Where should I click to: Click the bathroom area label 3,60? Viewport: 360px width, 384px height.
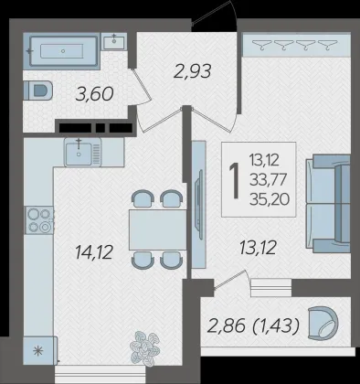pyautogui.click(x=94, y=94)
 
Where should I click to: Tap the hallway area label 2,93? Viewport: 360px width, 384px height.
pyautogui.click(x=192, y=71)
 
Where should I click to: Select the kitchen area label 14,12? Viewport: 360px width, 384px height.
pyautogui.click(x=94, y=252)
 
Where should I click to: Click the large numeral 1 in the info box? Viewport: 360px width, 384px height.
pyautogui.click(x=235, y=180)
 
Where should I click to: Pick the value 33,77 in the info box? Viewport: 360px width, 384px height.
pyautogui.click(x=268, y=180)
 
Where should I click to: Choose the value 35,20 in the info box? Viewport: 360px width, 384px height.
pyautogui.click(x=270, y=199)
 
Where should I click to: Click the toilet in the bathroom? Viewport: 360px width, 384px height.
pyautogui.click(x=37, y=91)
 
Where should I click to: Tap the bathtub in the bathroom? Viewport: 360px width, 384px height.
pyautogui.click(x=63, y=51)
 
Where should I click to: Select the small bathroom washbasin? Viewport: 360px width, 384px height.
pyautogui.click(x=114, y=42)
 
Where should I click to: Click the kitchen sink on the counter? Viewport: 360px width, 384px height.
pyautogui.click(x=82, y=152)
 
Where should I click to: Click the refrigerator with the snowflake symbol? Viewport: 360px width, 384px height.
pyautogui.click(x=39, y=351)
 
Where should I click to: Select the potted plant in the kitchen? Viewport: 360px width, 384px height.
pyautogui.click(x=145, y=347)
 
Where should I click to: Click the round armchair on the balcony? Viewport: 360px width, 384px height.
pyautogui.click(x=323, y=323)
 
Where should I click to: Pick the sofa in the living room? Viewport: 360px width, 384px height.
pyautogui.click(x=328, y=204)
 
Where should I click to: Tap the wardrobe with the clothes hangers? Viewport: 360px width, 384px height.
pyautogui.click(x=296, y=45)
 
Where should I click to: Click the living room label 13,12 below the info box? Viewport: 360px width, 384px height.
pyautogui.click(x=258, y=248)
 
